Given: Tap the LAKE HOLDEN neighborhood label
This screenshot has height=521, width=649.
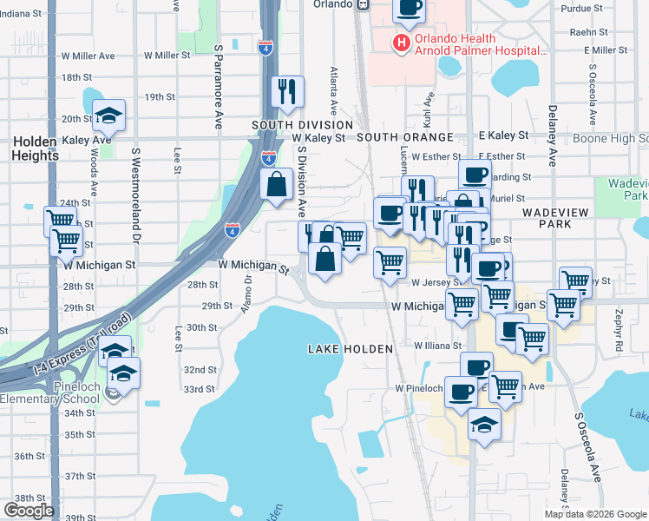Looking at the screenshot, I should point(351,348).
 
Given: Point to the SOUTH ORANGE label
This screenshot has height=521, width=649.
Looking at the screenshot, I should point(405,137).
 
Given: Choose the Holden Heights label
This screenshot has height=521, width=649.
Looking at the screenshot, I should point(35,148).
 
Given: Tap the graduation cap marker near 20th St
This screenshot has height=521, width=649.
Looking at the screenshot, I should point(109,115).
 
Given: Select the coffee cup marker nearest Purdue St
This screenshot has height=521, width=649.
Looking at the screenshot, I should point(410,8).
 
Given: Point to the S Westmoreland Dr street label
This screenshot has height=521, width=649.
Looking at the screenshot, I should point(135,195).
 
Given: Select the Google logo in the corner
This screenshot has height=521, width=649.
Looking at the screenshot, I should point(29,511).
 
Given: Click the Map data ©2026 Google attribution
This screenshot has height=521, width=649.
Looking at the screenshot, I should point(595,514).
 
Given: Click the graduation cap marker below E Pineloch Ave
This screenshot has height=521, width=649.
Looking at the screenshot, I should point(484,425).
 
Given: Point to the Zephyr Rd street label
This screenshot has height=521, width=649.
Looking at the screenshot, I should point(619,318).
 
